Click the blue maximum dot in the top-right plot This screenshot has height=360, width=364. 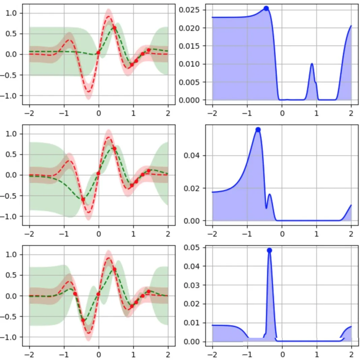click(x=266, y=8)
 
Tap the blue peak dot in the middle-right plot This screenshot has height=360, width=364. click(x=258, y=130)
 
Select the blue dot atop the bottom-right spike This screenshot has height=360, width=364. click(x=269, y=250)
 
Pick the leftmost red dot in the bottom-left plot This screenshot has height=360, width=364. click(x=75, y=294)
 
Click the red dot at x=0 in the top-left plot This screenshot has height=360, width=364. click(x=98, y=53)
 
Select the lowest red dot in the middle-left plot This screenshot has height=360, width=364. click(x=83, y=199)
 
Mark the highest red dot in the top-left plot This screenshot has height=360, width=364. click(x=115, y=28)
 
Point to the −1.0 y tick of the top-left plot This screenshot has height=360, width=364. click(x=12, y=95)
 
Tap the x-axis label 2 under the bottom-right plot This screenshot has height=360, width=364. click(x=351, y=354)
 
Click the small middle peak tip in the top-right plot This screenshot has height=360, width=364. click(x=312, y=64)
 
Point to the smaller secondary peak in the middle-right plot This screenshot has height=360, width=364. click(x=269, y=194)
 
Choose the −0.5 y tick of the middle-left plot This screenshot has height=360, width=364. click(x=12, y=196)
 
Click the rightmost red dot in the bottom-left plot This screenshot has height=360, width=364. click(x=149, y=291)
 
